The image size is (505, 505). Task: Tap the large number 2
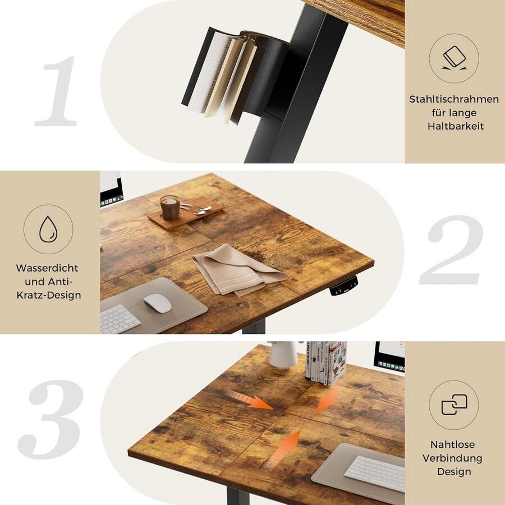coord(451,250)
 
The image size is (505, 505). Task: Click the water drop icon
coord(48,229)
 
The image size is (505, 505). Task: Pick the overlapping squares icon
coord(454,405)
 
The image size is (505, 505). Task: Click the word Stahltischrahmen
coord(454,99)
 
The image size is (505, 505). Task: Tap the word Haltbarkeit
coord(455,126)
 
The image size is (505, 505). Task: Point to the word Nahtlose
coord(453,444)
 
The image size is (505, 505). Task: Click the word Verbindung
coord(453,458)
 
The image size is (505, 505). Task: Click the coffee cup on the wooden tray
coord(170,208)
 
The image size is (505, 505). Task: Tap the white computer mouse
coord(158,303)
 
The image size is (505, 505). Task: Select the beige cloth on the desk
coord(236,269)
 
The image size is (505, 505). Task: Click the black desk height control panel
coord(343,286)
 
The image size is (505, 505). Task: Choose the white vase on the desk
coord(283,354)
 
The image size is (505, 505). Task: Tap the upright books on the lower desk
coord(327,362)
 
